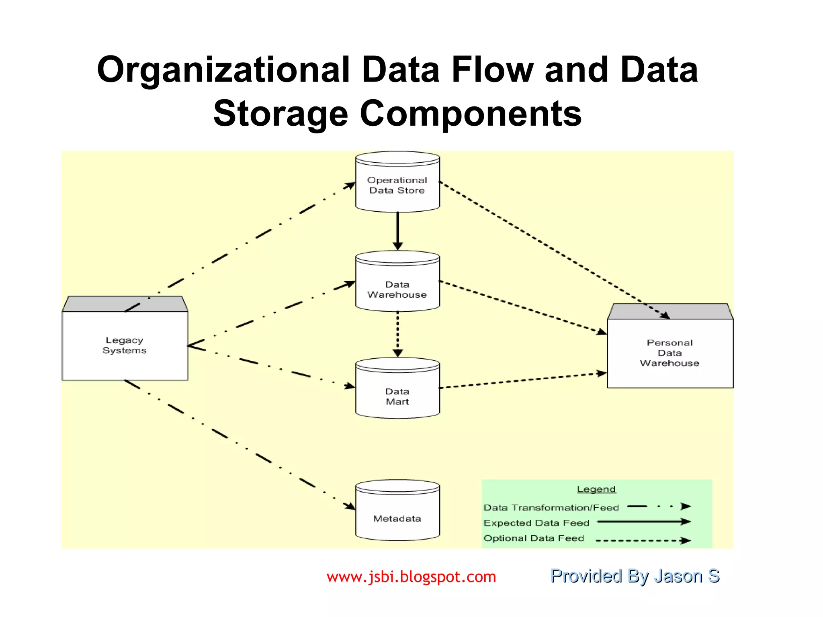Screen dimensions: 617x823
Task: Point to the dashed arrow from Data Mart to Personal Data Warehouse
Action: pos(522,381)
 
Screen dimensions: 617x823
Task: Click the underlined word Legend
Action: pos(596,489)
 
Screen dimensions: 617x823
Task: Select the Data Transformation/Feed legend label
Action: pos(551,507)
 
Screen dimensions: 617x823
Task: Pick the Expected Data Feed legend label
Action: pos(536,523)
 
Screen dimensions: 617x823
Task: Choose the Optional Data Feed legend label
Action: pos(534,538)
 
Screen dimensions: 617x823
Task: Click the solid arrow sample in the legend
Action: pos(643,522)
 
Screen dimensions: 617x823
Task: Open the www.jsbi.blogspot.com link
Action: pos(411,577)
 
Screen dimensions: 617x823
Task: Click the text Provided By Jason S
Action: pos(635,576)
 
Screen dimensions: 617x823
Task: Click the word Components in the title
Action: pos(471,114)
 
